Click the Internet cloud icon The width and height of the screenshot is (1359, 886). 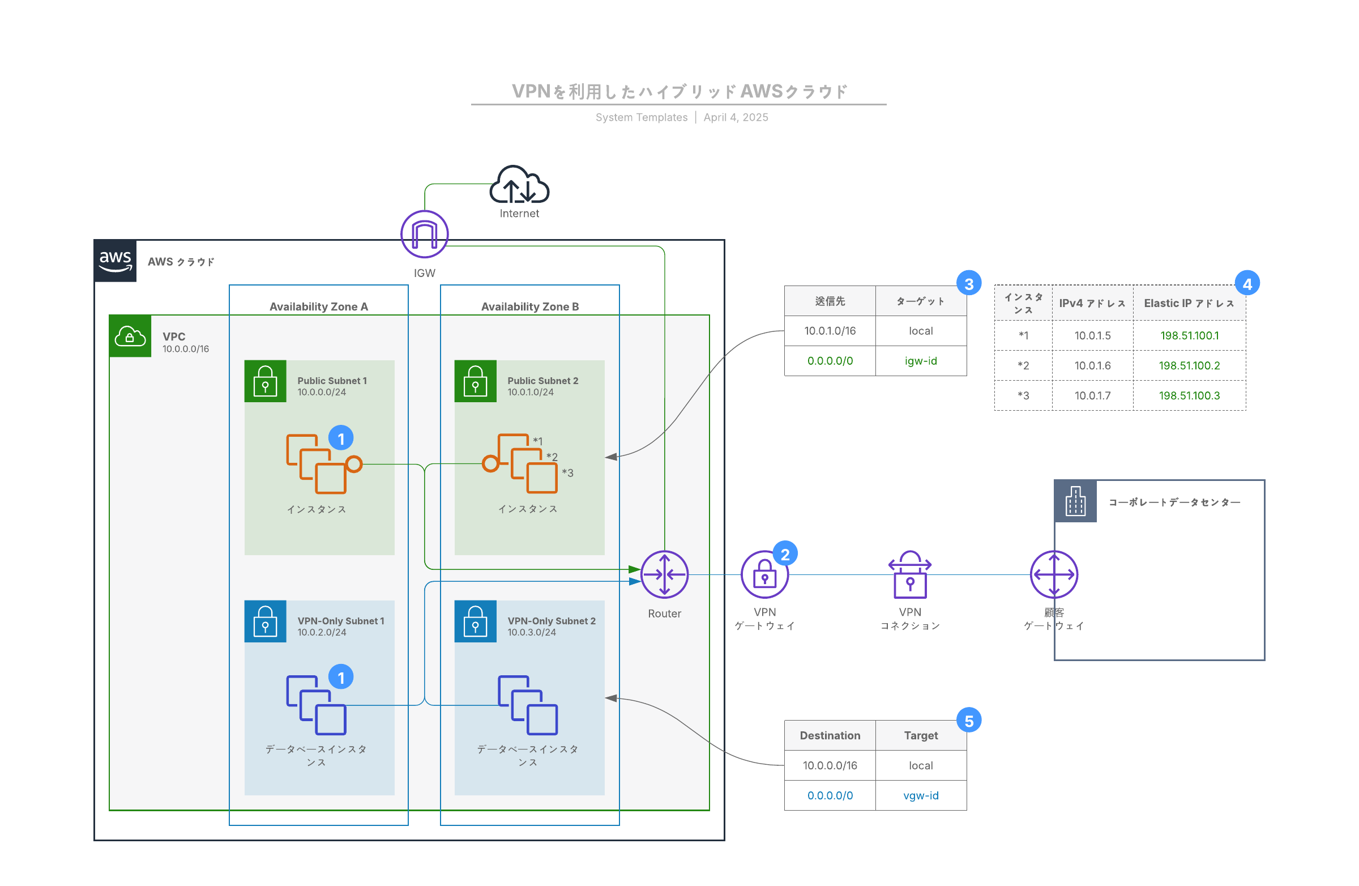click(519, 185)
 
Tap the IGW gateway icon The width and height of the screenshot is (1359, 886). click(424, 234)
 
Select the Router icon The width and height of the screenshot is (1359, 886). click(664, 574)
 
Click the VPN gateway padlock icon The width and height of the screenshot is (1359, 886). click(764, 574)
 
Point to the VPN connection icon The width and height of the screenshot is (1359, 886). click(909, 574)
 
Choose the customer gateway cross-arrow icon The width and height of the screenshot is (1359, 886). click(1054, 574)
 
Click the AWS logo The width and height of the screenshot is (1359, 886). click(116, 261)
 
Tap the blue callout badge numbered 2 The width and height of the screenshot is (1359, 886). click(785, 554)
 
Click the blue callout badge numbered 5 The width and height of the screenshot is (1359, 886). click(968, 721)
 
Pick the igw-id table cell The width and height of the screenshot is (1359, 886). click(921, 361)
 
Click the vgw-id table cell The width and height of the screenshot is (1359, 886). click(921, 795)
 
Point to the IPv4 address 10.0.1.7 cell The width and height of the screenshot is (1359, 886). click(1092, 395)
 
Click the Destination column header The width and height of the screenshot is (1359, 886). click(830, 735)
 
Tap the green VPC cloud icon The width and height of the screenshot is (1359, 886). click(130, 336)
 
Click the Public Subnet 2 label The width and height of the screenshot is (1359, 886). click(542, 381)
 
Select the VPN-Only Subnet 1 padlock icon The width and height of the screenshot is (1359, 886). click(265, 621)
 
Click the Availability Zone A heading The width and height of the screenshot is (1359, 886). click(319, 307)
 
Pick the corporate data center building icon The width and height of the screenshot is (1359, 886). click(1075, 501)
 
